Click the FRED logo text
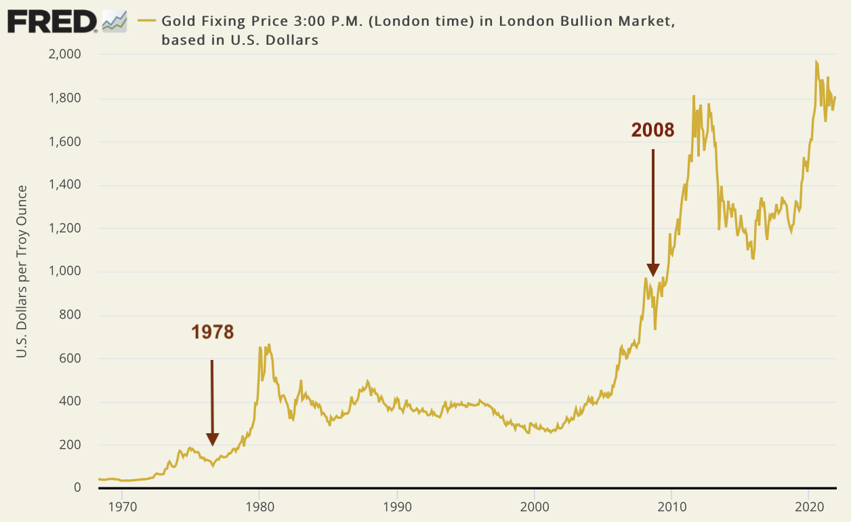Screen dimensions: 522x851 point(53,22)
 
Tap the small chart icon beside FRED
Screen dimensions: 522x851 point(113,22)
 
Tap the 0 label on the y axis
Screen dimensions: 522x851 point(77,488)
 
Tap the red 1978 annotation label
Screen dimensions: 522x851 point(212,332)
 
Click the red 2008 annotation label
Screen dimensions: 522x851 point(652,130)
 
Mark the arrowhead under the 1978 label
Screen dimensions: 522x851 point(212,441)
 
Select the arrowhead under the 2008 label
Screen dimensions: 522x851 point(653,270)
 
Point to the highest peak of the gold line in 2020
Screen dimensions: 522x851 point(816,62)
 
